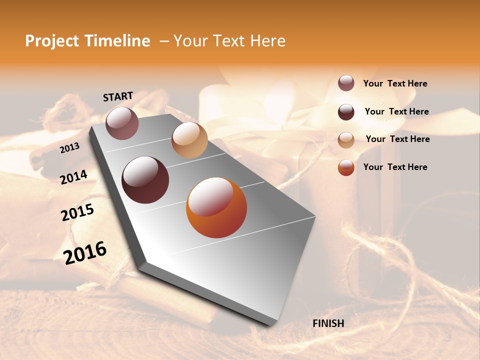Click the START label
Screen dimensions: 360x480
(118, 96)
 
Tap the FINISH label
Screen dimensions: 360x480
(328, 323)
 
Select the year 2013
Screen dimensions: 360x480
(69, 147)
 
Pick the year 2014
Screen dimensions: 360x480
(74, 177)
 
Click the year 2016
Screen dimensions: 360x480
(85, 253)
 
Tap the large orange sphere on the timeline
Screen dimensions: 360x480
(216, 207)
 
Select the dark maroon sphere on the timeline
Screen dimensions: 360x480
(145, 180)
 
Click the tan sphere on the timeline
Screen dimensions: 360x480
(189, 140)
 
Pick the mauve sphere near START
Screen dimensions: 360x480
(122, 123)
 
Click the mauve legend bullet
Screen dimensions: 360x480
(346, 83)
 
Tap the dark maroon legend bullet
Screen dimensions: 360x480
(346, 112)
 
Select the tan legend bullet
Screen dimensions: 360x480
(346, 140)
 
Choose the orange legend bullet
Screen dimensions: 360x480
(346, 167)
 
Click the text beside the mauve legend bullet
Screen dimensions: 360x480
(395, 84)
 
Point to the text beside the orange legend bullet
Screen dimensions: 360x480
(395, 167)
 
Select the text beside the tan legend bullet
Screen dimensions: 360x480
(397, 139)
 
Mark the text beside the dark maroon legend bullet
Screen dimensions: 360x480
(396, 111)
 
